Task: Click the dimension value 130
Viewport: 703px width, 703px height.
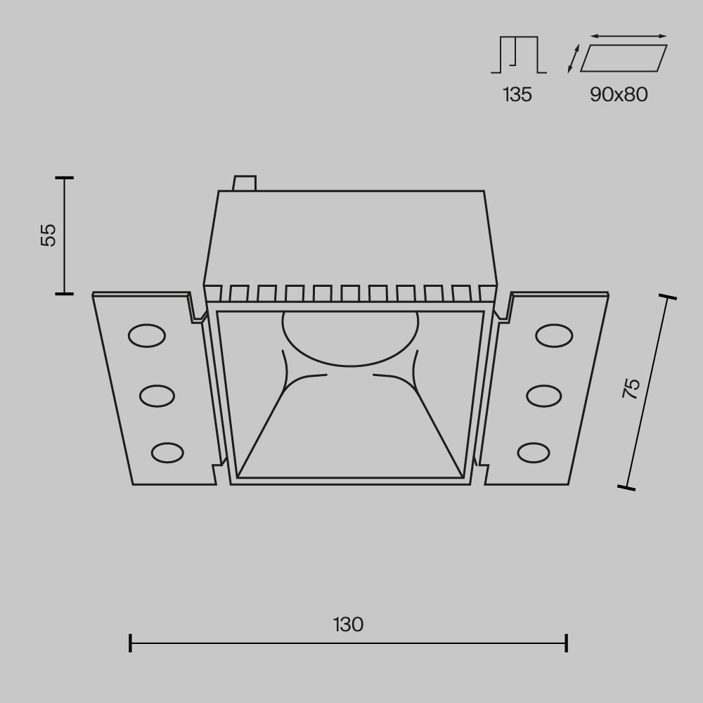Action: [x=349, y=624]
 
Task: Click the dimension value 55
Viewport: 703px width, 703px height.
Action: [x=48, y=235]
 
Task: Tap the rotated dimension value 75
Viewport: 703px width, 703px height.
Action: [x=631, y=389]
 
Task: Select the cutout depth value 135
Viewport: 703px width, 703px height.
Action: [x=517, y=94]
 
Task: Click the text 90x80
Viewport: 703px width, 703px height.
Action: [x=619, y=94]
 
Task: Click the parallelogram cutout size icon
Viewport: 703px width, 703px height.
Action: [x=623, y=58]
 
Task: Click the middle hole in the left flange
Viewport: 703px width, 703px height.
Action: [x=157, y=396]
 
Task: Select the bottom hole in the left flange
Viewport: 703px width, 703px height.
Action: [x=167, y=452]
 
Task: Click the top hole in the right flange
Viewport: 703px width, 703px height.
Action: [x=553, y=336]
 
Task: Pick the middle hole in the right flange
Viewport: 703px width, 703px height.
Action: [x=543, y=396]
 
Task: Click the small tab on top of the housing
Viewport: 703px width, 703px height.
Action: [x=245, y=183]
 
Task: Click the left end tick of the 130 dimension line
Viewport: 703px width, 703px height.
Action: [x=131, y=643]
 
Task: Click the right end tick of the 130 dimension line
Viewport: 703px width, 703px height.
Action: [x=567, y=643]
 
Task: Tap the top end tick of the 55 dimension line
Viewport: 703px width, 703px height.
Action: [x=64, y=178]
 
